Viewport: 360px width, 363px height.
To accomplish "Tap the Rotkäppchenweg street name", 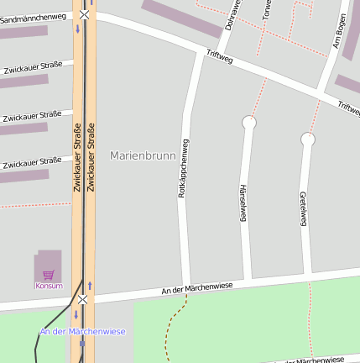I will pos(181,168).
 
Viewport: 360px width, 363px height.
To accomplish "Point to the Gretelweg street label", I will pos(302,209).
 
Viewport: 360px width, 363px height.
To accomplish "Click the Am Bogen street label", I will pos(339,31).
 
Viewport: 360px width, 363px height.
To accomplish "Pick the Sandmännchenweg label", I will pos(33,17).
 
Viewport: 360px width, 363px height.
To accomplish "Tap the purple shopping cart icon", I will pos(49,274).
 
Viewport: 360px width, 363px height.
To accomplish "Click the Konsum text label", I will pos(49,286).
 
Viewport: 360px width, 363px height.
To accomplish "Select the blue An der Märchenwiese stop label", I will pos(82,331).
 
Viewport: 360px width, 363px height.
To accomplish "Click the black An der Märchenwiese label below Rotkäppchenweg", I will pos(210,288).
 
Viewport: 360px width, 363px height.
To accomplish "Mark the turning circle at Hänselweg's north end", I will pos(248,123).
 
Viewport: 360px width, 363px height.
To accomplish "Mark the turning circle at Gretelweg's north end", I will pos(308,139).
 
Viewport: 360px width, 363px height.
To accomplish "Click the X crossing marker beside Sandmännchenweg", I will pos(84,14).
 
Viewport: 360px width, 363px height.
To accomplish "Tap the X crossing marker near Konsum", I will pos(82,299).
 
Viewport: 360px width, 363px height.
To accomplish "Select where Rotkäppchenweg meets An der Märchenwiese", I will pos(185,285).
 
